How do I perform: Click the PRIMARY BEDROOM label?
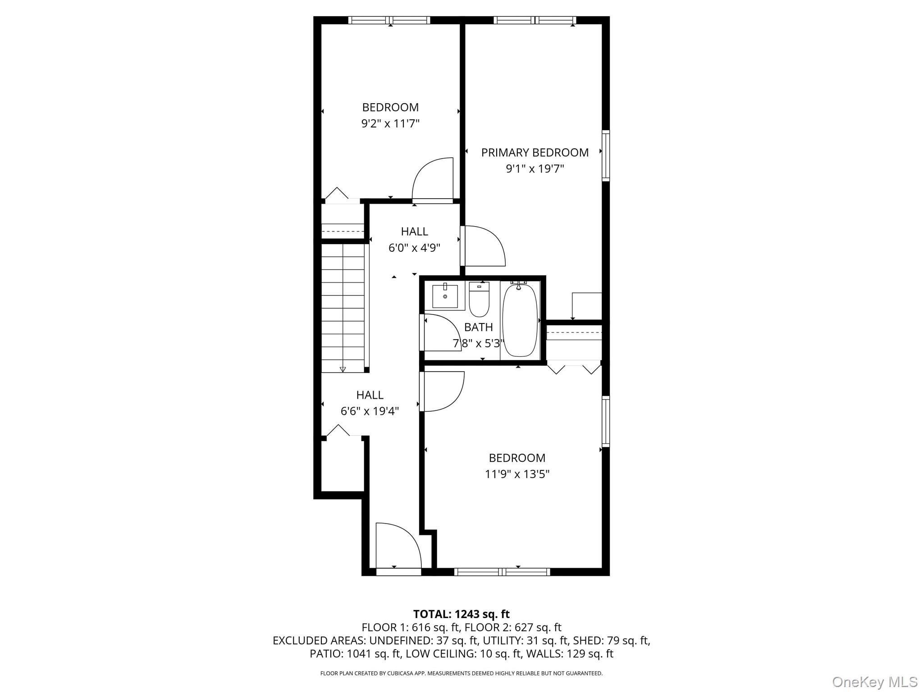(x=535, y=152)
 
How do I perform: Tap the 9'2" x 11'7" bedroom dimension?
(x=390, y=123)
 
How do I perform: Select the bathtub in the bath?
(x=520, y=320)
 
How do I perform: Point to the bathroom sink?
(x=445, y=296)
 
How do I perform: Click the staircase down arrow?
(x=343, y=369)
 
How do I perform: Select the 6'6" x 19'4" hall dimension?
(x=370, y=411)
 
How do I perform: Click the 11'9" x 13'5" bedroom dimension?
(x=517, y=474)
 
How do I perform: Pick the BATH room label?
(x=478, y=327)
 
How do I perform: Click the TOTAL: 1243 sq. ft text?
(x=461, y=614)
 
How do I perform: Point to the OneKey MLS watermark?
(x=874, y=682)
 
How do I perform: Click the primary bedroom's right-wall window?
(x=606, y=155)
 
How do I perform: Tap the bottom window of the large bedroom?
(x=502, y=572)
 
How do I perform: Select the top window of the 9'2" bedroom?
(x=389, y=20)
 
